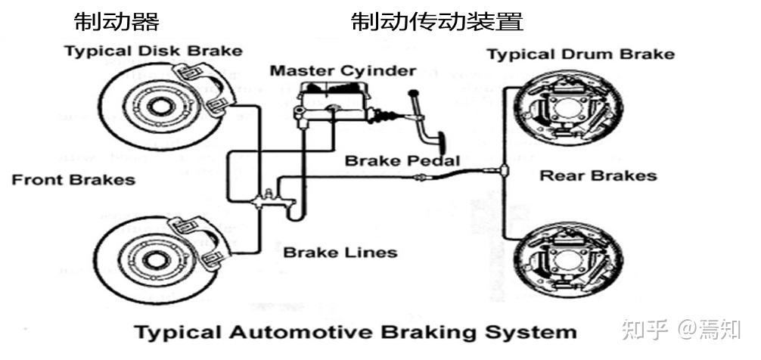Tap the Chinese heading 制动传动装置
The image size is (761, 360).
(x=436, y=22)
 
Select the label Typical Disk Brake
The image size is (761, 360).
(x=153, y=51)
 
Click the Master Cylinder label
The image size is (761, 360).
(x=343, y=71)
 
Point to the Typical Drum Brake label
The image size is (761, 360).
(x=580, y=54)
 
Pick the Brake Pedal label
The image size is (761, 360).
(x=402, y=161)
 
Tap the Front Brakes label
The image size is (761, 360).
(x=73, y=180)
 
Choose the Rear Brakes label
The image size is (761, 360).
(x=598, y=176)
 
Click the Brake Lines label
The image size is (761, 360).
(x=340, y=252)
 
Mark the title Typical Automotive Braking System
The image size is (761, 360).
(x=355, y=331)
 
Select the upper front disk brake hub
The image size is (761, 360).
(x=157, y=104)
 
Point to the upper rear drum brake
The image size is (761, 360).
(x=567, y=110)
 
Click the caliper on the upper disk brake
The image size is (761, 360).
(x=202, y=89)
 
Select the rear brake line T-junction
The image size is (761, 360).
(x=503, y=170)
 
